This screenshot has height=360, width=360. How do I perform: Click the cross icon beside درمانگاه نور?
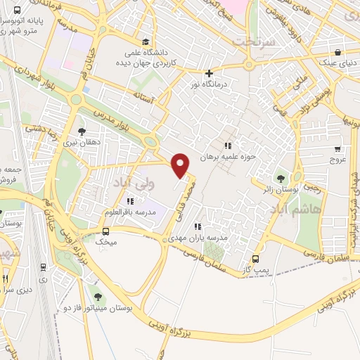click(208, 73)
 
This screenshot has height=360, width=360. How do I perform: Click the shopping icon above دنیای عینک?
click(338, 52)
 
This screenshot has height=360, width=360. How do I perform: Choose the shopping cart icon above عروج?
click(338, 148)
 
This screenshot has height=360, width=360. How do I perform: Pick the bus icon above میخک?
click(105, 231)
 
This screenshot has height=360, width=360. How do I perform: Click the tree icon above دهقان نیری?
click(82, 131)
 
